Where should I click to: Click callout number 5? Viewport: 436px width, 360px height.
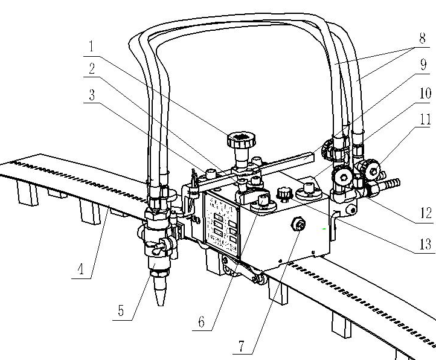pos(121,312)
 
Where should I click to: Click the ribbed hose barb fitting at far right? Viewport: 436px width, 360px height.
pos(393,181)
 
